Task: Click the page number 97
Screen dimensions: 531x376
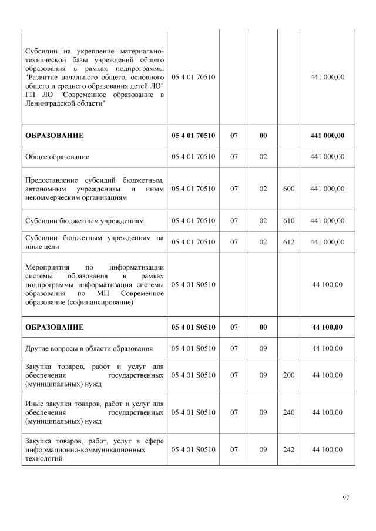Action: (x=346, y=498)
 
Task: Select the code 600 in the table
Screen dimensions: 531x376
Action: (x=288, y=189)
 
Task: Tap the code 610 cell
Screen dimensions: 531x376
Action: (x=288, y=221)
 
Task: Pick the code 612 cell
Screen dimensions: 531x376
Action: (x=288, y=242)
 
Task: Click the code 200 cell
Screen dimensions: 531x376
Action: (x=288, y=375)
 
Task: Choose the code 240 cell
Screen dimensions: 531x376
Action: (x=288, y=412)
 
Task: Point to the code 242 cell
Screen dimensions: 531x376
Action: (x=288, y=449)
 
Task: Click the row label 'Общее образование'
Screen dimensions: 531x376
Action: (x=57, y=157)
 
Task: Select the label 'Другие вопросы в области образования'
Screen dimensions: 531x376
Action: (x=89, y=349)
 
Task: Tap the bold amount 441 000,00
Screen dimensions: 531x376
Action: (x=327, y=136)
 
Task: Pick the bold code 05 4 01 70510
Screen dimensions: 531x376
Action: (x=193, y=136)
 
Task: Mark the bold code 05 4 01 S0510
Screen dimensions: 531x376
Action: (x=193, y=327)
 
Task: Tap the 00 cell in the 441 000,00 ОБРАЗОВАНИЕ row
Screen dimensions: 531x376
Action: (x=263, y=136)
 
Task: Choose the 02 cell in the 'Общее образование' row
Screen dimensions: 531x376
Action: (x=263, y=157)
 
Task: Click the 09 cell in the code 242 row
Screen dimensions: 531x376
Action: (x=263, y=449)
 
